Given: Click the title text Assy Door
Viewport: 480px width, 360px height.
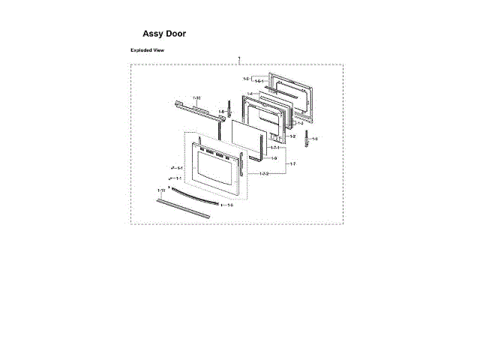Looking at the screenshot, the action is (164, 34).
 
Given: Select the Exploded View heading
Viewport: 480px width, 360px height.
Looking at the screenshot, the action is (148, 50).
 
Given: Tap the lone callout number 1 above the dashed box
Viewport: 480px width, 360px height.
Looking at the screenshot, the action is (238, 58).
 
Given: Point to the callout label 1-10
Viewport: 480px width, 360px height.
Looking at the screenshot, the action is (197, 98).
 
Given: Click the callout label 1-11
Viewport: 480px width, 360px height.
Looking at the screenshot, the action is (161, 191).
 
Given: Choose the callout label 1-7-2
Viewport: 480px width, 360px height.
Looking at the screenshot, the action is (264, 174).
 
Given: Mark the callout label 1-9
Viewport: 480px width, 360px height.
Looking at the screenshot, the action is (274, 159).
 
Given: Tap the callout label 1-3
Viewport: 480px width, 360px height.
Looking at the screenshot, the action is (300, 122).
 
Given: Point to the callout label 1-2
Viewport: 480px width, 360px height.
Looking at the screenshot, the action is (292, 136).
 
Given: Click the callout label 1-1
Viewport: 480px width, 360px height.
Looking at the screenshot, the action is (178, 178).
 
